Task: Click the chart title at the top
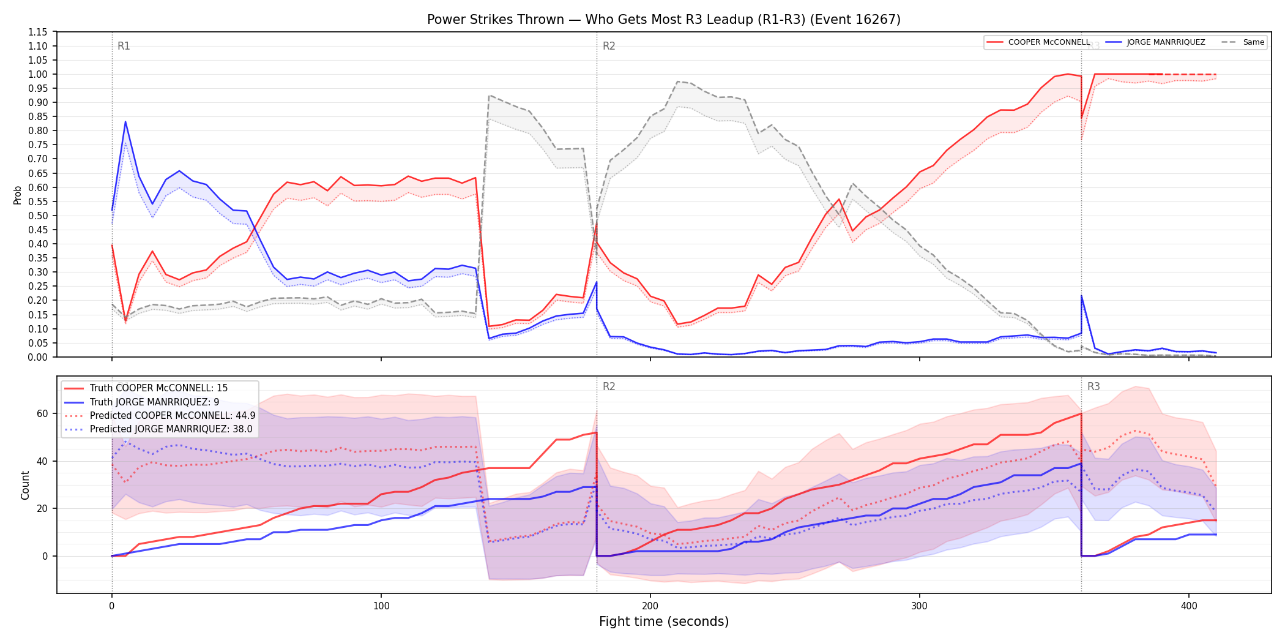[664, 20]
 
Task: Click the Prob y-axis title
[17, 195]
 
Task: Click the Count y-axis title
[25, 485]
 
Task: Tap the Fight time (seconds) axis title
[664, 622]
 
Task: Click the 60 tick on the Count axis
[42, 413]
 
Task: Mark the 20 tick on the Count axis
[42, 508]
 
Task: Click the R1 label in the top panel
[124, 46]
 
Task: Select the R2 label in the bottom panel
[609, 386]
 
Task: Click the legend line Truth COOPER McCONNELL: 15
[158, 388]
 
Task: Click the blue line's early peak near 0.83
[125, 122]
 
